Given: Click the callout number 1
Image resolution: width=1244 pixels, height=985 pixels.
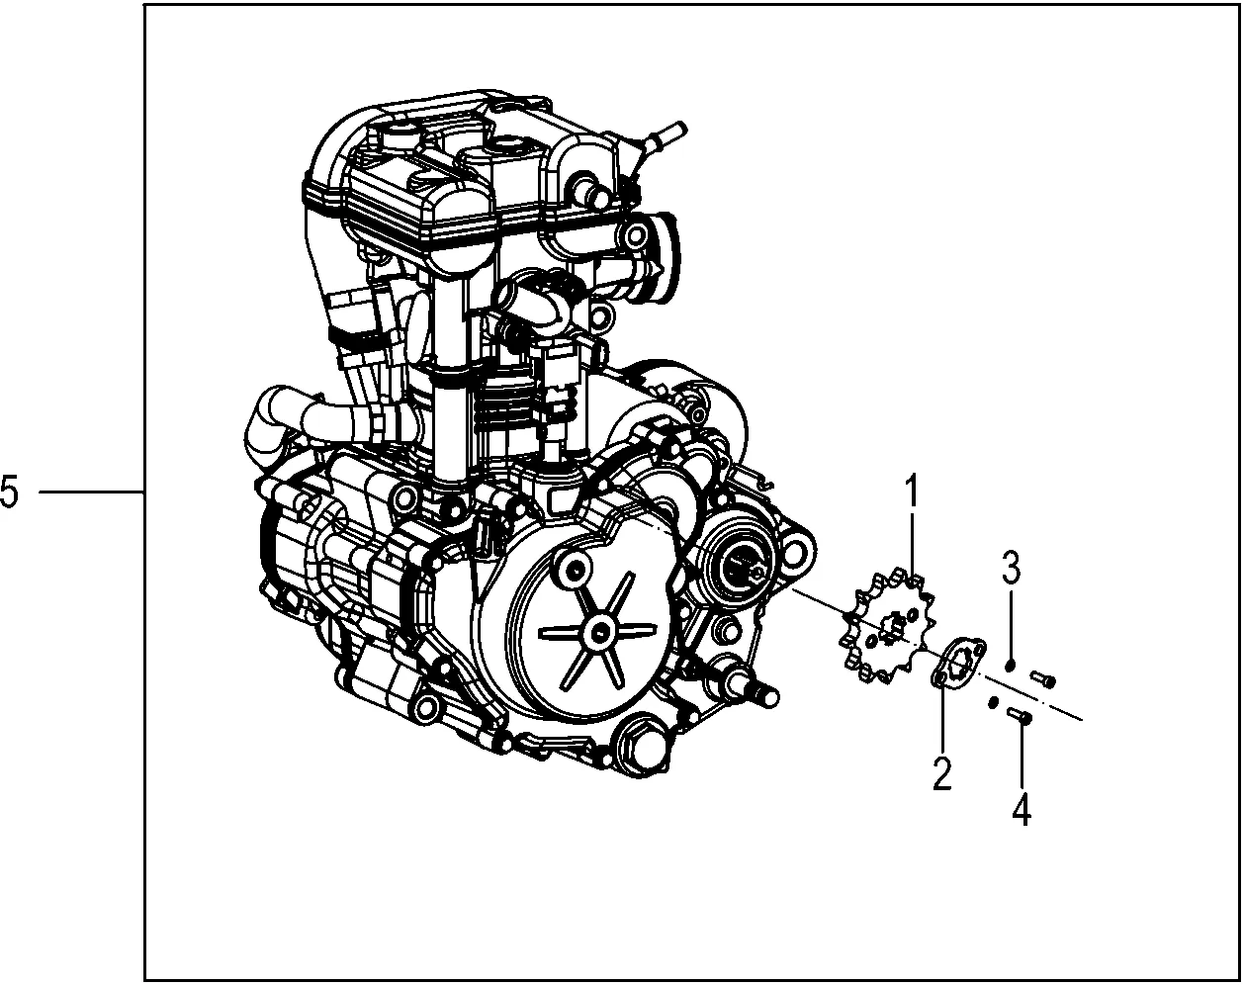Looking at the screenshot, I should point(912,492).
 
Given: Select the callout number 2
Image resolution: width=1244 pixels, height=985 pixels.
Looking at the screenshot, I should point(940,772).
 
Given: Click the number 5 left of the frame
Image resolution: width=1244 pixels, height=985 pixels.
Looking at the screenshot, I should point(10,492).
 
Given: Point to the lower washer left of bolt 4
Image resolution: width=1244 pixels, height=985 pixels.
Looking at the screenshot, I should point(992,703).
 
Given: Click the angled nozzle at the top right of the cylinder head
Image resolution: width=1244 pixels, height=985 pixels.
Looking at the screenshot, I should point(661,134).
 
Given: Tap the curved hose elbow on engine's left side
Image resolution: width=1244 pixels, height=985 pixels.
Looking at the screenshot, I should point(265,427).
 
